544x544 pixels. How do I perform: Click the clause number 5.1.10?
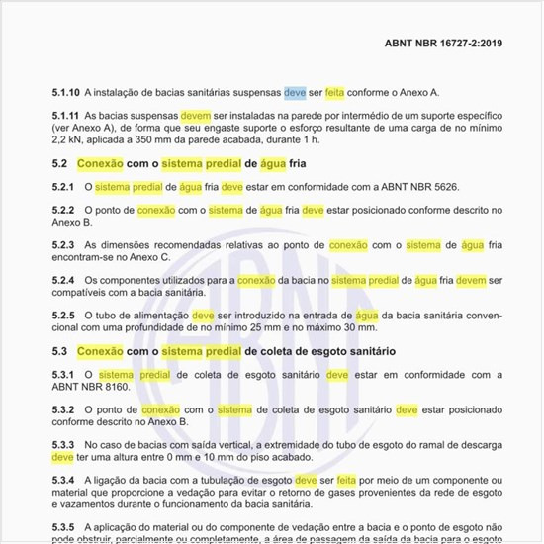[66, 92]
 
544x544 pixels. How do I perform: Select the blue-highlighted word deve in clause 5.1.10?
[295, 92]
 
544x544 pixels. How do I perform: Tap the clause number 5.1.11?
[66, 117]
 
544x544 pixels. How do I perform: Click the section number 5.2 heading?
[59, 163]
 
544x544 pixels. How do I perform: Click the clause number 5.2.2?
[63, 211]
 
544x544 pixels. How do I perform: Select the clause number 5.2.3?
[63, 244]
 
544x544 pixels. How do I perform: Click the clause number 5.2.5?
[63, 316]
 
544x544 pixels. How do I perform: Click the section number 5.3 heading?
[59, 351]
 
